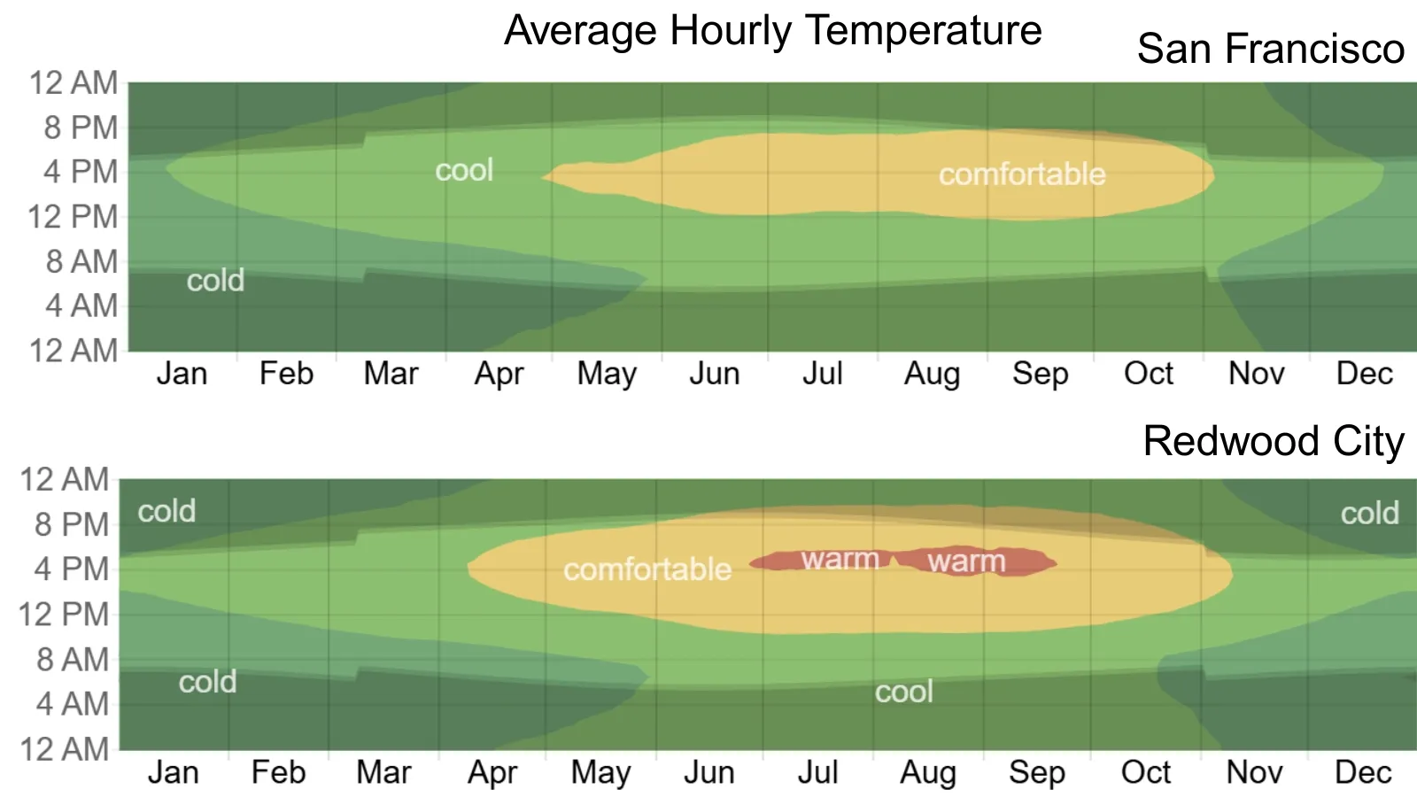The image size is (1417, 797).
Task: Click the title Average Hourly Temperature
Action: pyautogui.click(x=772, y=31)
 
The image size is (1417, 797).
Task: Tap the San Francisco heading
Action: pyautogui.click(x=1270, y=49)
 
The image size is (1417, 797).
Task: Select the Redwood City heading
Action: pyautogui.click(x=1273, y=441)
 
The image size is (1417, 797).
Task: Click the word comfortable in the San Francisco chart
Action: pyautogui.click(x=1022, y=174)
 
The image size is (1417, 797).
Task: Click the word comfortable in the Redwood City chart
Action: pyautogui.click(x=647, y=569)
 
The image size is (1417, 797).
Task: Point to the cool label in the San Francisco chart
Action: pyautogui.click(x=464, y=170)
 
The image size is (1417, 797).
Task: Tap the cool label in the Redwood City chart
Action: pyautogui.click(x=903, y=692)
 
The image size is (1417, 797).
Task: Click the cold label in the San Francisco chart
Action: pyautogui.click(x=215, y=281)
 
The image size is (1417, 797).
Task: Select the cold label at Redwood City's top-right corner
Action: pyautogui.click(x=1369, y=513)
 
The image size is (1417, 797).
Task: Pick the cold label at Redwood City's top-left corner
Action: pyautogui.click(x=166, y=511)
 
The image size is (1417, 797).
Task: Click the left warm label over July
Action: pyautogui.click(x=840, y=560)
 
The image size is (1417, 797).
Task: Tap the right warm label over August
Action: pyautogui.click(x=966, y=561)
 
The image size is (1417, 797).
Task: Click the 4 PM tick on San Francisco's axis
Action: pyautogui.click(x=81, y=172)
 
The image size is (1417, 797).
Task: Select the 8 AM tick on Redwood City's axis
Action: pyautogui.click(x=73, y=660)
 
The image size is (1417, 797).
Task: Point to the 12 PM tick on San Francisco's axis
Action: pyautogui.click(x=73, y=217)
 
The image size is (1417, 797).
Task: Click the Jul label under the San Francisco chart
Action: pyautogui.click(x=822, y=374)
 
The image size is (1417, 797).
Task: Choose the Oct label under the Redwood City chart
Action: pyautogui.click(x=1145, y=773)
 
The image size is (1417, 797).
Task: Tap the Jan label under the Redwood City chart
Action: pyautogui.click(x=174, y=773)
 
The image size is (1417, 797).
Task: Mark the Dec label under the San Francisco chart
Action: pyautogui.click(x=1364, y=374)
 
